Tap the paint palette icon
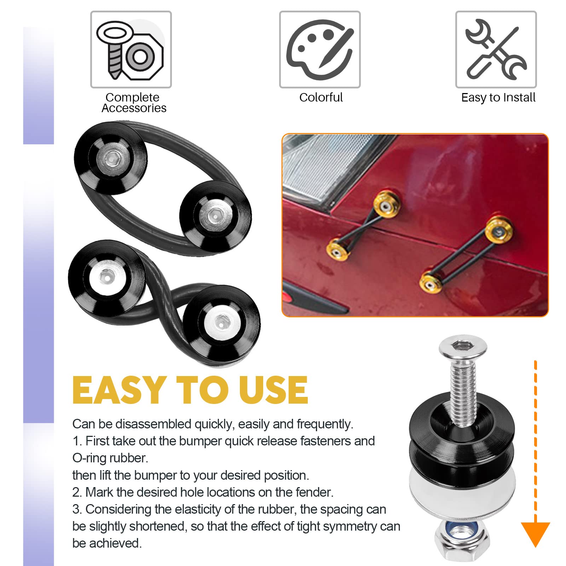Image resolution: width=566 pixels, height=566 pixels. coord(320,50)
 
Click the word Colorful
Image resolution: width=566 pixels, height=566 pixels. coord(321,97)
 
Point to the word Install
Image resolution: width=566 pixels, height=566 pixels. coord(518,97)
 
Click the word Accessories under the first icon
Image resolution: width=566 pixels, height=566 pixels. coord(134,108)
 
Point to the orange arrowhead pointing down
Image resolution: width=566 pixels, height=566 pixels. coord(535,534)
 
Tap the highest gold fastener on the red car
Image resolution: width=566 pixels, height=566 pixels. coord(387,203)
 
